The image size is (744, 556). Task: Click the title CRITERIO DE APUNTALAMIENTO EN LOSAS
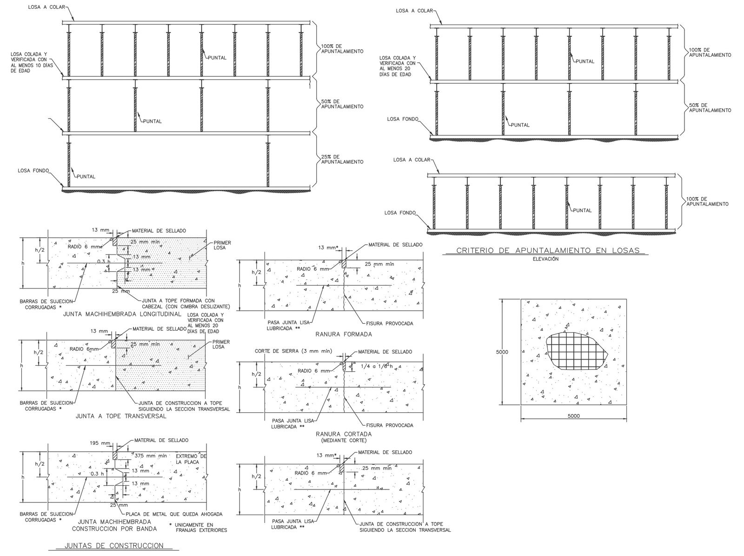point(548,250)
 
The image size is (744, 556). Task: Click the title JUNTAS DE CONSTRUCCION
point(114,545)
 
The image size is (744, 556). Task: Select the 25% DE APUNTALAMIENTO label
point(342,159)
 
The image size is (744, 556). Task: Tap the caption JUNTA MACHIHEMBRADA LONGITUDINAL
point(122,314)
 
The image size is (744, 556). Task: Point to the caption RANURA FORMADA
point(344,334)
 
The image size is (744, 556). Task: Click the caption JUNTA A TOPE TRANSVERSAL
point(121,416)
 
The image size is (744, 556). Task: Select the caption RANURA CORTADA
point(344,434)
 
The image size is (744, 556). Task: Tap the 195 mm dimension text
point(100,443)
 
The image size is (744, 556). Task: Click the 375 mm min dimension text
point(151,456)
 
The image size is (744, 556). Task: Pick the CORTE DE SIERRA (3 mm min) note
point(293,351)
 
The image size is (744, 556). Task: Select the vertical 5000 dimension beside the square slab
point(502,352)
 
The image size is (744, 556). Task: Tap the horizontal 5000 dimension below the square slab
point(573,416)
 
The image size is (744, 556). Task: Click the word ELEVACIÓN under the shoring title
point(546,259)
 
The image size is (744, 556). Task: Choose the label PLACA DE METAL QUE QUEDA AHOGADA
point(174,514)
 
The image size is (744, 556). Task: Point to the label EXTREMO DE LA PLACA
point(191,459)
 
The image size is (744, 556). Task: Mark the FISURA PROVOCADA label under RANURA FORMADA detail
point(390,323)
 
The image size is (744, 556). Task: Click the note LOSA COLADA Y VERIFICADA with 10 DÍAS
point(32,62)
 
